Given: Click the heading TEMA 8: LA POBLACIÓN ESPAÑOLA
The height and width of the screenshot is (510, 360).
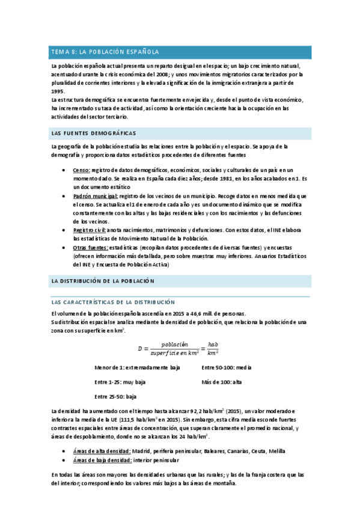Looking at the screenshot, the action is pos(105,52).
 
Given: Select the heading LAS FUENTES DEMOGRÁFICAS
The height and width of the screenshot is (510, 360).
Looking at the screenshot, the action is pos(93,133).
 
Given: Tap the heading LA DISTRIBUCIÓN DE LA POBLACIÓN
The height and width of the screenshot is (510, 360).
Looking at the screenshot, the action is pos(103,281).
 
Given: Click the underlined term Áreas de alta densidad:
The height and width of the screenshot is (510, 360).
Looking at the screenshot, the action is pos(102,451).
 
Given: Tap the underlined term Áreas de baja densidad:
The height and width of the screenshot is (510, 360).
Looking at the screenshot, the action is pos(102,460).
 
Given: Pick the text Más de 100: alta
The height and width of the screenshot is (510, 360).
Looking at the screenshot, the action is pos(222,382).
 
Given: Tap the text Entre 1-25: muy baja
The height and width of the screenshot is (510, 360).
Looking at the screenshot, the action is pos(120,382).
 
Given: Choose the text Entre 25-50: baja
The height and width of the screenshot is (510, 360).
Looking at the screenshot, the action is pos(116,397).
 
